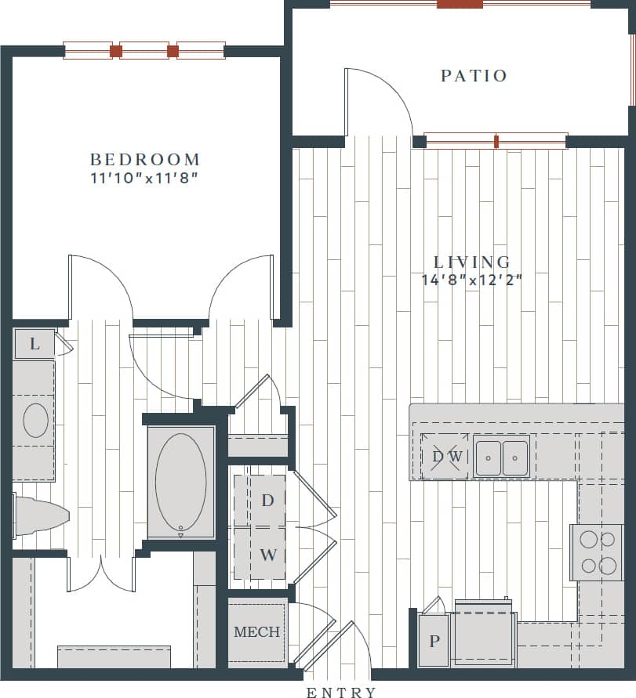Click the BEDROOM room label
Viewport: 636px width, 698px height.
pyautogui.click(x=144, y=160)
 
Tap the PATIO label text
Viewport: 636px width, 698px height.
pyautogui.click(x=474, y=76)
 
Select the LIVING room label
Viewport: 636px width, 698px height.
pyautogui.click(x=472, y=262)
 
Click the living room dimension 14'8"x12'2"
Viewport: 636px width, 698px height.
pyautogui.click(x=472, y=279)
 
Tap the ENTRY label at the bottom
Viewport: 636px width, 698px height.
pyautogui.click(x=341, y=692)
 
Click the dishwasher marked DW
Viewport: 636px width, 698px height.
pyautogui.click(x=445, y=456)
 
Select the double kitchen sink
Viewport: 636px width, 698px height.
pyautogui.click(x=502, y=457)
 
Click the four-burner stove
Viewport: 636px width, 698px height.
pyautogui.click(x=596, y=552)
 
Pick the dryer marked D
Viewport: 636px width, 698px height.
pyautogui.click(x=267, y=500)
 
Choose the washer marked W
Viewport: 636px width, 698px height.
pyautogui.click(x=267, y=555)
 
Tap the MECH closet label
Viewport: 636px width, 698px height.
pyautogui.click(x=256, y=631)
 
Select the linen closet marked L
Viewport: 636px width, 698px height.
pyautogui.click(x=35, y=344)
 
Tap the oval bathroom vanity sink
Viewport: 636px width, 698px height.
pyautogui.click(x=35, y=421)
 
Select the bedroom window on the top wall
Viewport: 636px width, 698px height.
pyautogui.click(x=144, y=51)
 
